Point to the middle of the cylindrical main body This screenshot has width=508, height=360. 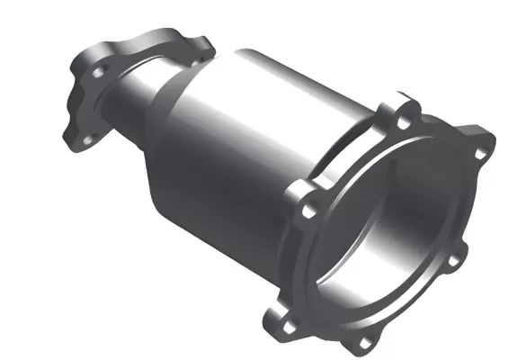[261, 126]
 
